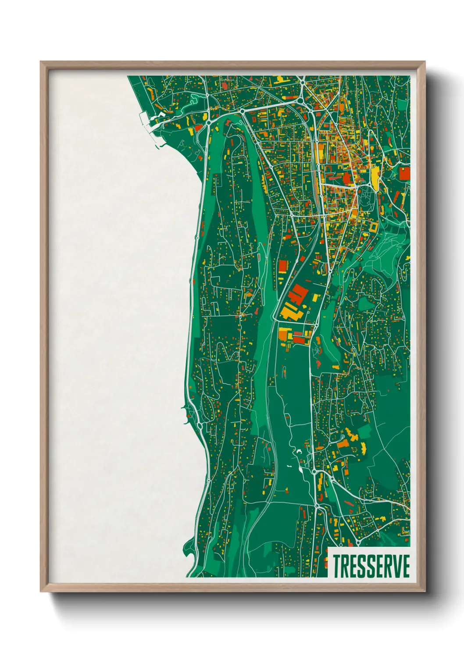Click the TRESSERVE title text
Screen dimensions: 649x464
pos(371,566)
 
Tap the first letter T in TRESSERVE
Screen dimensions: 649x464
pos(337,566)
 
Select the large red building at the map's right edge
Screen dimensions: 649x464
pos(404,173)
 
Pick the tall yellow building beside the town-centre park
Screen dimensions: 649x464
pos(375,178)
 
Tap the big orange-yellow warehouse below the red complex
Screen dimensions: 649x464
pos(290,312)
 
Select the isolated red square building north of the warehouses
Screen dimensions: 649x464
pos(282,266)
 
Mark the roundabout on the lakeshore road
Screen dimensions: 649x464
pos(200,425)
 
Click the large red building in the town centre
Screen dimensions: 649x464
pos(347,178)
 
